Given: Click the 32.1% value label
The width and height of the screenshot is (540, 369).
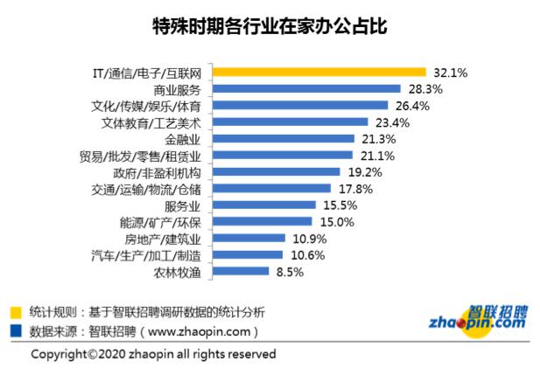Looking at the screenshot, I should (x=449, y=73).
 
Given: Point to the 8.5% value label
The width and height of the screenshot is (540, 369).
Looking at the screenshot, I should (x=290, y=272).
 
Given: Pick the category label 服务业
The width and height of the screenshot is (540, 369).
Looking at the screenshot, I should (x=183, y=205).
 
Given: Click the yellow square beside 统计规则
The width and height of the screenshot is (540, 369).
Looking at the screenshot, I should (x=17, y=312).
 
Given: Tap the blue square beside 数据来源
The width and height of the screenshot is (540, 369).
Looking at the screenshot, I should (x=17, y=331).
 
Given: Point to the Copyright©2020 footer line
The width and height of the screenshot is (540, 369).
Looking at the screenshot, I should (x=153, y=354).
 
